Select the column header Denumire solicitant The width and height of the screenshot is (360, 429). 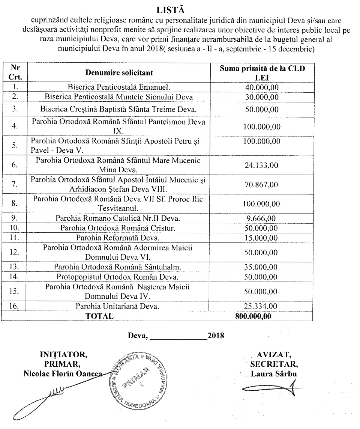(x=119, y=72)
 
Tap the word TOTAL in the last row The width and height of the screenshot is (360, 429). (x=99, y=316)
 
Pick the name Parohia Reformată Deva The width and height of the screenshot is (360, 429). (x=118, y=238)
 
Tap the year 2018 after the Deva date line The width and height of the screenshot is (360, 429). (x=216, y=336)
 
